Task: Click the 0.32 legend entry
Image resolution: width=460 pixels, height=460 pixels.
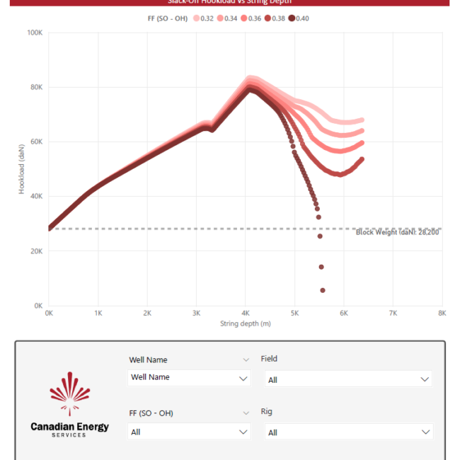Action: coord(204,18)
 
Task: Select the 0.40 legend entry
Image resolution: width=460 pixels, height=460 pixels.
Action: coord(298,18)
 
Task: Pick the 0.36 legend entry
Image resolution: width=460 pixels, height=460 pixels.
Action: coord(251,18)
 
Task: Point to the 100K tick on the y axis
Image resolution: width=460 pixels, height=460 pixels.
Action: coord(35,33)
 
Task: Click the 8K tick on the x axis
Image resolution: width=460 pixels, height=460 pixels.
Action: coord(442,312)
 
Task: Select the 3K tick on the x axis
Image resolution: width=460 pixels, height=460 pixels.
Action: coord(196,312)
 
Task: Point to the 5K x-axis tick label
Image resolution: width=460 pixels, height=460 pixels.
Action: coord(294,312)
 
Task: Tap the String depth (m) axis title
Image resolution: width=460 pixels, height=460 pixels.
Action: coord(245,323)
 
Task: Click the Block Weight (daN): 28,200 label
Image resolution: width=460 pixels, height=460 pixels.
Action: coord(398,232)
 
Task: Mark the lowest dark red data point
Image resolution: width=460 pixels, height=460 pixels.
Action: coord(323,290)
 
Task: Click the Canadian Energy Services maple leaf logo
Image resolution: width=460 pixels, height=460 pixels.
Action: coord(70,393)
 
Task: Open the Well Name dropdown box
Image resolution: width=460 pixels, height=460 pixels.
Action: coord(189,378)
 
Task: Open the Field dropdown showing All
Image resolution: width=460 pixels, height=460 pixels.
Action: coord(348,379)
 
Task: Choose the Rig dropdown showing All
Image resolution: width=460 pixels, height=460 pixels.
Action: coord(348,432)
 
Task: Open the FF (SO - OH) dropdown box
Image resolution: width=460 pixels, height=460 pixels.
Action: coord(189,432)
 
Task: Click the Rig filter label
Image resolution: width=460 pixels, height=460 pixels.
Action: coord(266,412)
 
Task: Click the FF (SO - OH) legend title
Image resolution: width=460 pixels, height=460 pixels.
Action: coord(162,18)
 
